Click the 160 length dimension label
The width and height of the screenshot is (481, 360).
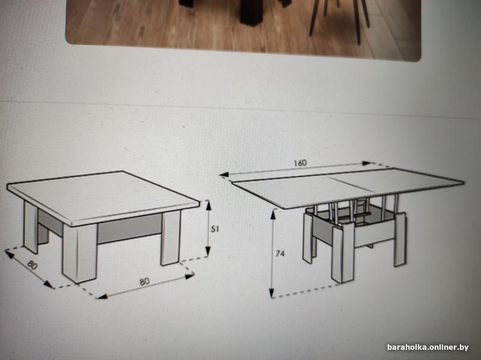pyautogui.click(x=300, y=163)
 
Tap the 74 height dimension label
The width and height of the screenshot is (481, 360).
pyautogui.click(x=280, y=254)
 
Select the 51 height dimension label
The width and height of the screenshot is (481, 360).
pyautogui.click(x=215, y=229)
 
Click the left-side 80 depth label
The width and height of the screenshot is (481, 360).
pyautogui.click(x=32, y=264)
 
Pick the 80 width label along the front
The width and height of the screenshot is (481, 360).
pyautogui.click(x=144, y=281)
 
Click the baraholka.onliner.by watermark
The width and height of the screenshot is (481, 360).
pyautogui.click(x=428, y=347)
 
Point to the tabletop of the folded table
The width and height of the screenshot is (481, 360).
pyautogui.click(x=103, y=197)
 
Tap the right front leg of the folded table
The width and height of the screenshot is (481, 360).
pyautogui.click(x=171, y=237)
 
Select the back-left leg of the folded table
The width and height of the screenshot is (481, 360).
pyautogui.click(x=31, y=227)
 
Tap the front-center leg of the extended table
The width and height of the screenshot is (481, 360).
pyautogui.click(x=343, y=253)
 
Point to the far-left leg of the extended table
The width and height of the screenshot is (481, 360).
pyautogui.click(x=308, y=237)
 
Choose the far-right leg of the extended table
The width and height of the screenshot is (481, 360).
pyautogui.click(x=400, y=239)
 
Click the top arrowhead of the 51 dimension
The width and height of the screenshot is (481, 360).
pyautogui.click(x=208, y=204)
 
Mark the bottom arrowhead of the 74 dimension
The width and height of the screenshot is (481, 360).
pyautogui.click(x=272, y=293)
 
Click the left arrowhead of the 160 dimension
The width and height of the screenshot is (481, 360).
pyautogui.click(x=224, y=174)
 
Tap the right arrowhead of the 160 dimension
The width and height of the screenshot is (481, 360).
pyautogui.click(x=367, y=163)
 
